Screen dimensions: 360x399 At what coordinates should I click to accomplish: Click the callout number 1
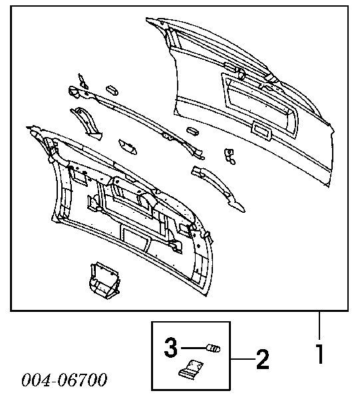click(x=320, y=354)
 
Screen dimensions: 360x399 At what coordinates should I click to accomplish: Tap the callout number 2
click(x=262, y=359)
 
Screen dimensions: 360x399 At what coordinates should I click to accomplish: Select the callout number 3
click(x=170, y=347)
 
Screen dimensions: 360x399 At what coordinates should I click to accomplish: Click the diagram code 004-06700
click(x=64, y=380)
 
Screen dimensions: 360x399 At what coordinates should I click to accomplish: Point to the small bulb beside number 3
click(x=214, y=348)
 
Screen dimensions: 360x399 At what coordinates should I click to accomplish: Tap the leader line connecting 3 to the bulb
click(x=194, y=347)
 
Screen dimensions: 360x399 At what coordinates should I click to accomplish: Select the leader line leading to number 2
click(x=243, y=359)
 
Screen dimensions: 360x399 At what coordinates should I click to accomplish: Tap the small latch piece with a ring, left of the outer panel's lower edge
click(x=230, y=156)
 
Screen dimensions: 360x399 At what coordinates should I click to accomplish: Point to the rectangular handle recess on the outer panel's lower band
click(x=262, y=131)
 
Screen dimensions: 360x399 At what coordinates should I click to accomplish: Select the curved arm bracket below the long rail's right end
click(x=218, y=188)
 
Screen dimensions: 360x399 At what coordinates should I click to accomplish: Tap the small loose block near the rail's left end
click(x=112, y=90)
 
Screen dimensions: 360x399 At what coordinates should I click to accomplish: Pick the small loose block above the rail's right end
click(x=193, y=131)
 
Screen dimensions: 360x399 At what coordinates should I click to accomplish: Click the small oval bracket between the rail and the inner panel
click(x=128, y=147)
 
